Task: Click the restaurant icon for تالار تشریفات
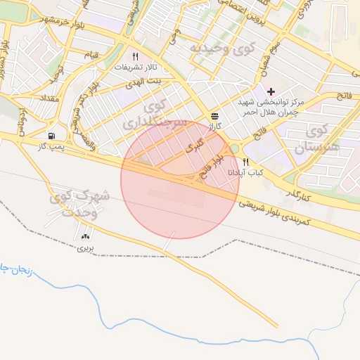click(x=135, y=56)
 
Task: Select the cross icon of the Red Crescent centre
click(x=271, y=91)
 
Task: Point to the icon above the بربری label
click(x=86, y=238)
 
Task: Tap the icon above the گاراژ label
click(x=214, y=116)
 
